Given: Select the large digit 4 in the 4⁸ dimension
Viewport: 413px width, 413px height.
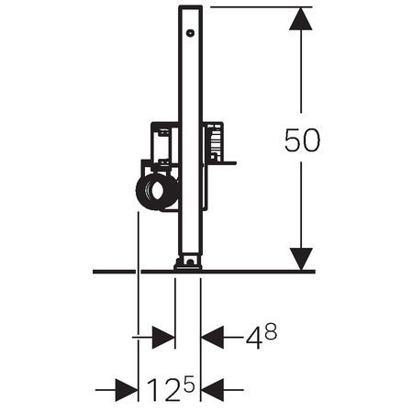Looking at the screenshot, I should tap(253, 338).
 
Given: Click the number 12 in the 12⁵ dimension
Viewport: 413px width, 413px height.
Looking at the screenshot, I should tap(162, 392).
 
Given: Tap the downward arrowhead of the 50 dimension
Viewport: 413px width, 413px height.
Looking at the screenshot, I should tap(301, 257).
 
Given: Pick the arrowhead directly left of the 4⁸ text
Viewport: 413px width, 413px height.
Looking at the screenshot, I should tap(213, 337).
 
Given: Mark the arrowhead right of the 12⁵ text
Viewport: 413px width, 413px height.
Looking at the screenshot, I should tap(213, 392).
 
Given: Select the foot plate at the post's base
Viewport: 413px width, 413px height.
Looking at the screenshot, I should tap(188, 264).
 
